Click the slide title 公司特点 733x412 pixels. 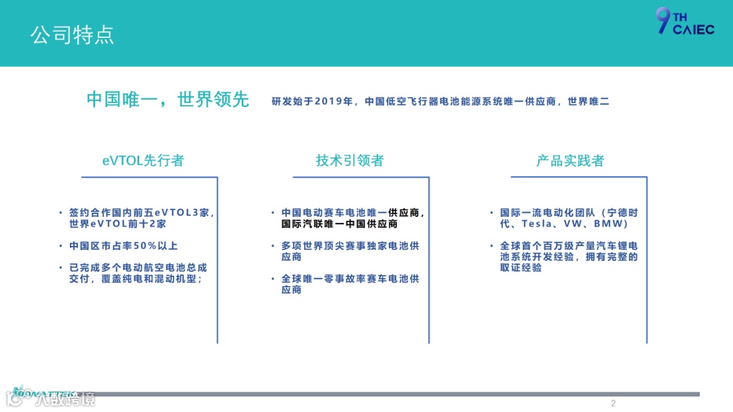pyautogui.click(x=72, y=34)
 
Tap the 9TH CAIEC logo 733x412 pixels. pyautogui.click(x=684, y=22)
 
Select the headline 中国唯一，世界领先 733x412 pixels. pyautogui.click(x=168, y=100)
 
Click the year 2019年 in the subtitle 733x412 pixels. pyautogui.click(x=335, y=102)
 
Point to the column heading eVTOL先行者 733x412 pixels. pyautogui.click(x=143, y=161)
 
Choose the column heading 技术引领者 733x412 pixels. pyautogui.click(x=350, y=161)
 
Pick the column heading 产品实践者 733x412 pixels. pyautogui.click(x=569, y=161)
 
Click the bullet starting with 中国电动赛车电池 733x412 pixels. pyautogui.click(x=353, y=218)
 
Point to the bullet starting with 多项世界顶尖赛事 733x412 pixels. pyautogui.click(x=350, y=251)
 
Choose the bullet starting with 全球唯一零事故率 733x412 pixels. pyautogui.click(x=350, y=284)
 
